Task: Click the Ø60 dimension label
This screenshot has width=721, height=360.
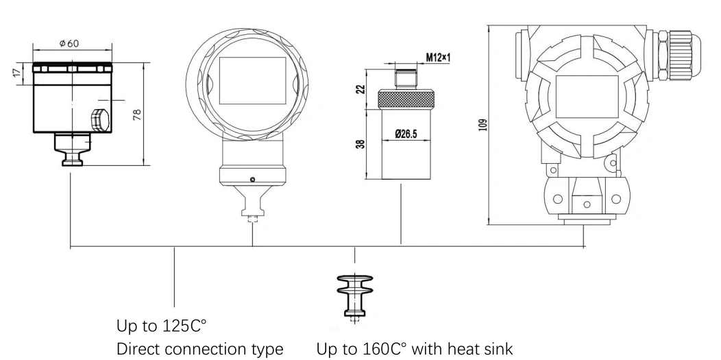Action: (69, 44)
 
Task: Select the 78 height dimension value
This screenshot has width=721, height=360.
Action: (137, 115)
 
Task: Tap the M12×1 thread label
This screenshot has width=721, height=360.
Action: (438, 58)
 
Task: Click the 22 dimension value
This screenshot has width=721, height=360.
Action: (361, 88)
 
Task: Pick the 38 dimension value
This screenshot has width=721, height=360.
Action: (361, 144)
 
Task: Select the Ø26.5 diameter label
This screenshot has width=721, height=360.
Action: (406, 134)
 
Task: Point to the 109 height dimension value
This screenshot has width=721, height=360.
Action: (482, 125)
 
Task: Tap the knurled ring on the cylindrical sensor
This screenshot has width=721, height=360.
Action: (406, 99)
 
